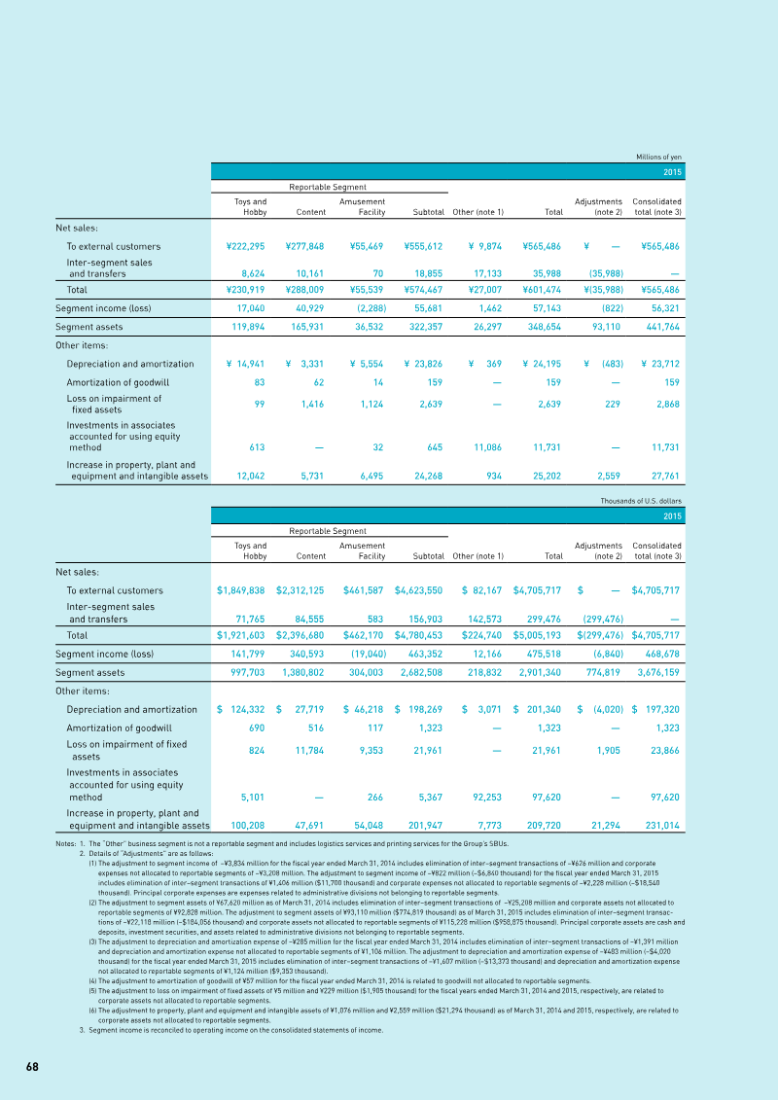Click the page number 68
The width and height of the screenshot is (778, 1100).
click(32, 1067)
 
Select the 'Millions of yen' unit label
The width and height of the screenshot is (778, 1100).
click(658, 157)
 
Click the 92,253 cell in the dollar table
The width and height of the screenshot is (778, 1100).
click(483, 797)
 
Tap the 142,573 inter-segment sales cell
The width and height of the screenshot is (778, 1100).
click(483, 619)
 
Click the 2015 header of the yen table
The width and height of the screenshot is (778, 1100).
click(672, 171)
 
